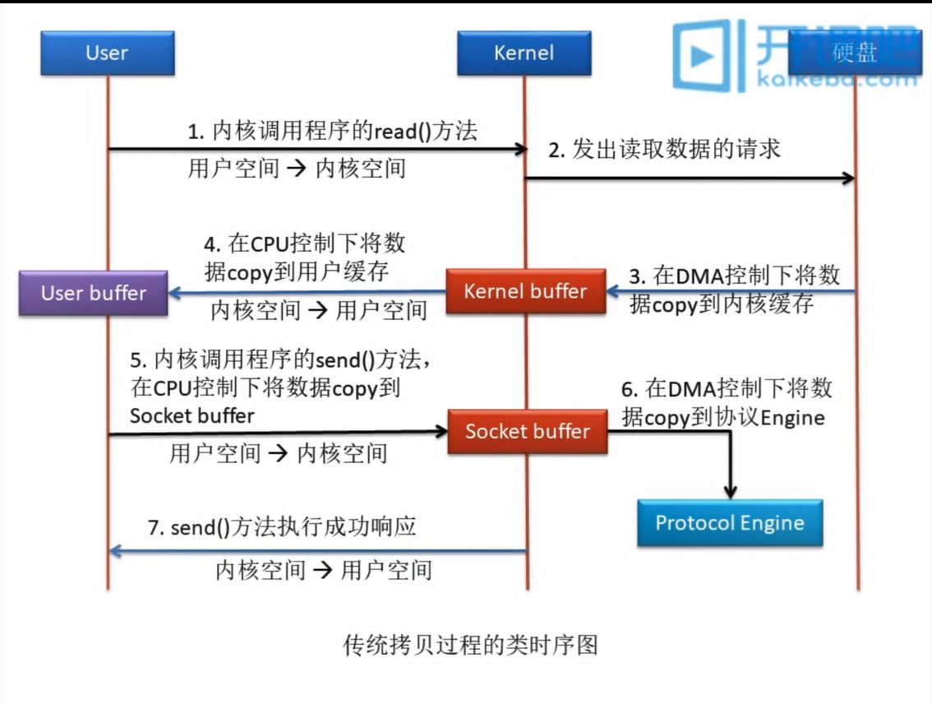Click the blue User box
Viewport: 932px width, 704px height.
(x=107, y=53)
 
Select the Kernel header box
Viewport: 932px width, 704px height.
(x=524, y=53)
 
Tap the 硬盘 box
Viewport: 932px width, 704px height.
(x=855, y=53)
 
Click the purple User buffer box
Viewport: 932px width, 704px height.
(x=93, y=293)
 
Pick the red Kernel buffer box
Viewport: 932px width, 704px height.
(x=525, y=291)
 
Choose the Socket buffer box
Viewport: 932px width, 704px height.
(x=527, y=431)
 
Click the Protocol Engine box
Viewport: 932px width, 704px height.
(x=729, y=523)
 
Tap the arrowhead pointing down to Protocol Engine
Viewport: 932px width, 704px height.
(x=730, y=491)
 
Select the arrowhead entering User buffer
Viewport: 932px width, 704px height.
(x=175, y=292)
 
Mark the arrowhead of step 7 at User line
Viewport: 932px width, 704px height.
(x=116, y=551)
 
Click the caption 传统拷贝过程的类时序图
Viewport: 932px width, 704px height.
(x=469, y=645)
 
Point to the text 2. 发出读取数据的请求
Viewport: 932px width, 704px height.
(x=664, y=150)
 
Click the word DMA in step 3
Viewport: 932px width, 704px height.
(x=695, y=276)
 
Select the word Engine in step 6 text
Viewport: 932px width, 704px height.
(x=792, y=417)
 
